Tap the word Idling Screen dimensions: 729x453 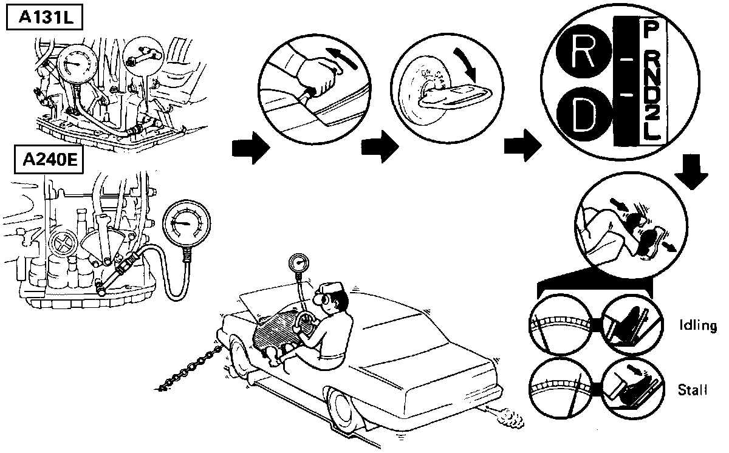pos(697,327)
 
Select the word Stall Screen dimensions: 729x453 pos(693,390)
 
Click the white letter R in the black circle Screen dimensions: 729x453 pos(582,55)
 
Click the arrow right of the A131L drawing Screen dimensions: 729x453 pos(250,148)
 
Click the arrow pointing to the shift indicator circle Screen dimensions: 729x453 pos(522,148)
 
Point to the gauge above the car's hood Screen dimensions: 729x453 pos(298,264)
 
